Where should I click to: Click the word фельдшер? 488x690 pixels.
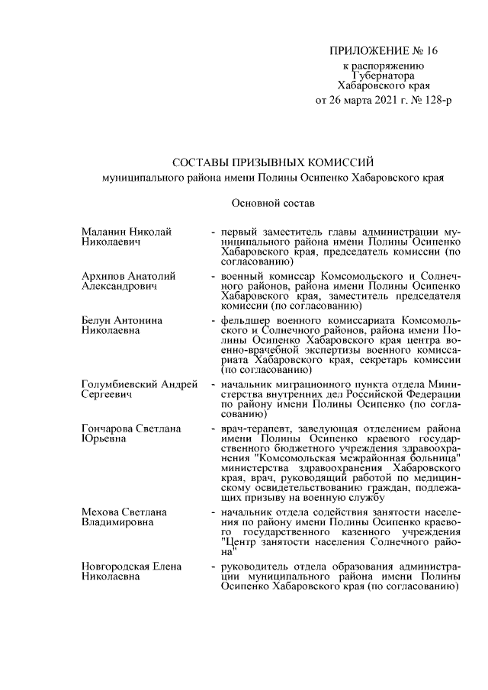(x=246, y=321)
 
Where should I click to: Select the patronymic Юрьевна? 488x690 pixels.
(x=104, y=440)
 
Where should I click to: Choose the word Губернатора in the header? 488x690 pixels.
(x=385, y=76)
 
